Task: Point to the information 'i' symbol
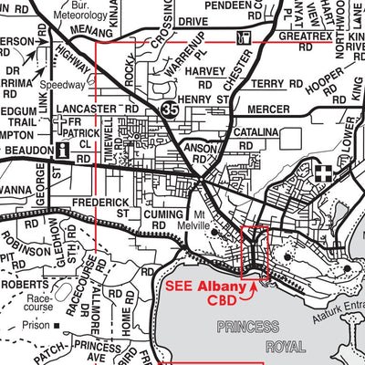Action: (61, 151)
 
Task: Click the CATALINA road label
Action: (253, 132)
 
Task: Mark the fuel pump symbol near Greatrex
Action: (242, 37)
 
